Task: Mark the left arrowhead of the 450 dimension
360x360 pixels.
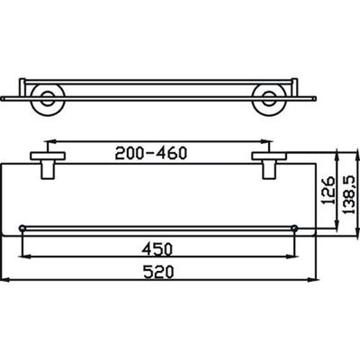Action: [25, 256]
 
